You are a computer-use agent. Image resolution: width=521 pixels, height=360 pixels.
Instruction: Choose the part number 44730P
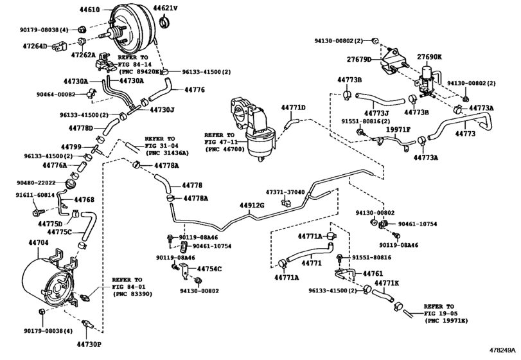pos(90,345)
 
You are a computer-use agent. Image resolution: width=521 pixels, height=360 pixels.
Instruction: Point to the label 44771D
pos(294,107)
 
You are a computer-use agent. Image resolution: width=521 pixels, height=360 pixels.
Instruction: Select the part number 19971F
pos(398,129)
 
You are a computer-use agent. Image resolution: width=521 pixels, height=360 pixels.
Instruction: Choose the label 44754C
pos(209,268)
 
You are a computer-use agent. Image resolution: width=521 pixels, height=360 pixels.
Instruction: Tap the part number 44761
pos(373,273)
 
